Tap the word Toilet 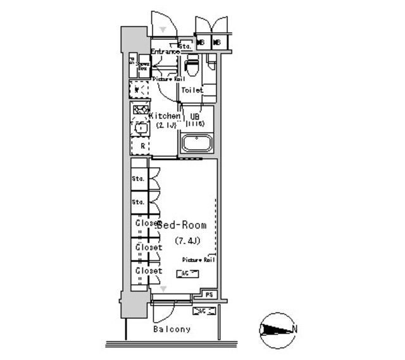192,90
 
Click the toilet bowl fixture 192,66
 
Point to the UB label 195,116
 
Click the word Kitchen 165,116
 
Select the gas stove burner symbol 140,110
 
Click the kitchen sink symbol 140,128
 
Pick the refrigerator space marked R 142,146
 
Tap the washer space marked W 139,89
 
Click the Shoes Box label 143,65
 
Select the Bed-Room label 182,225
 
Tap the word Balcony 171,330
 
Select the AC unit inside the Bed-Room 187,273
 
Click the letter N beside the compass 296,329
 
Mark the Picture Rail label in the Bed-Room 199,260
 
